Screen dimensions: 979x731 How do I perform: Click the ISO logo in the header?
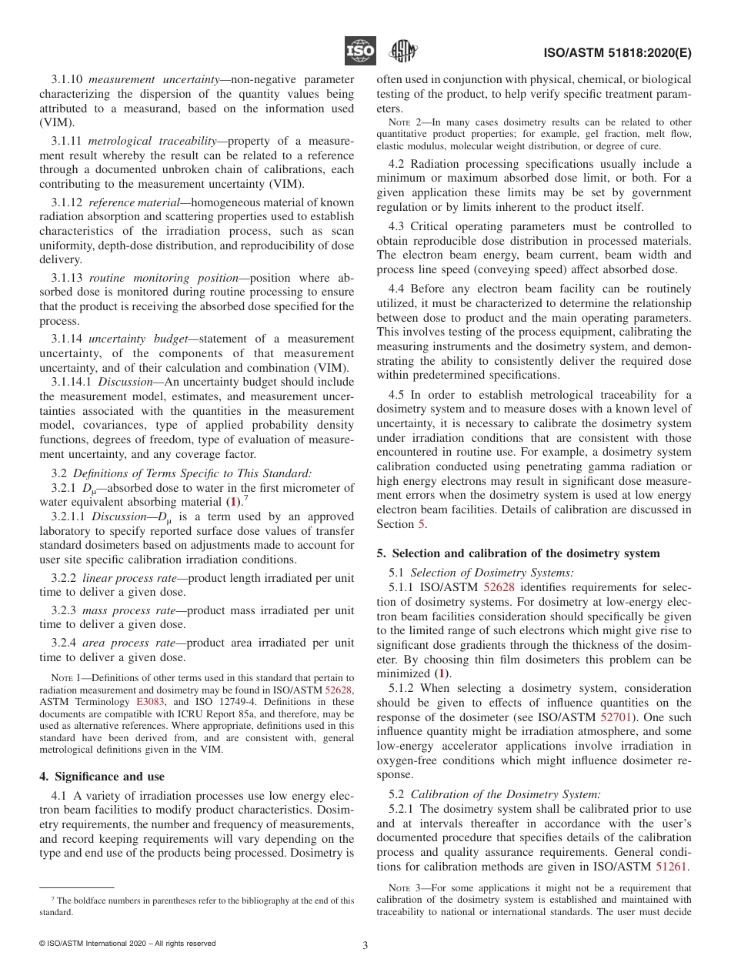pos(359,52)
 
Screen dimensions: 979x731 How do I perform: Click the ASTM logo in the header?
pos(402,52)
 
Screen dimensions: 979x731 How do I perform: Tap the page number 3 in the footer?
pos(365,945)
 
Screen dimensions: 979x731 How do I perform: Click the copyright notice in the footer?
pos(127,944)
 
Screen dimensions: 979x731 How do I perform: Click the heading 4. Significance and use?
pos(102,777)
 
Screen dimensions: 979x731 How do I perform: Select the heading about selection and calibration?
pos(518,553)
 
